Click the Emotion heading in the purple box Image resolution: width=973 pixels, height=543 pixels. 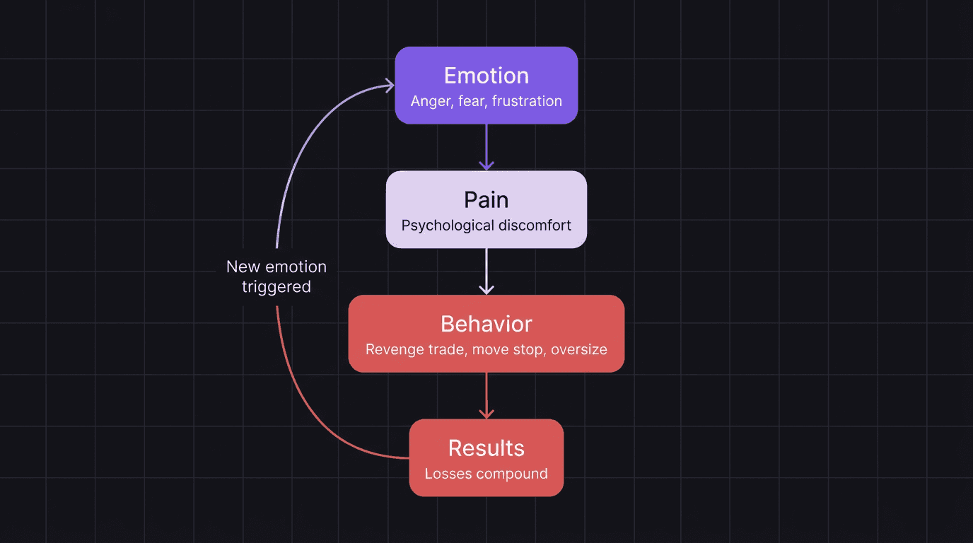(486, 76)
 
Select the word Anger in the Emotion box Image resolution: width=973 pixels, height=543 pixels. (430, 101)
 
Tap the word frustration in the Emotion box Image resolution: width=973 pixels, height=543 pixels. (527, 101)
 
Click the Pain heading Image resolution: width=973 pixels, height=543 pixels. (486, 200)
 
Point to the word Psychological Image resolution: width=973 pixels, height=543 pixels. (448, 226)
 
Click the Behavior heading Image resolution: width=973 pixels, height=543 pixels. (486, 324)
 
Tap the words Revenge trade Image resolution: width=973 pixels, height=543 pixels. (415, 350)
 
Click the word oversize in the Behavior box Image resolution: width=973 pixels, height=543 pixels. (579, 350)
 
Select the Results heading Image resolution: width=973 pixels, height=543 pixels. (486, 448)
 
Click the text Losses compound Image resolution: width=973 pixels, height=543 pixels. (486, 474)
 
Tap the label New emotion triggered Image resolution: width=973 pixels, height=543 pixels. (276, 276)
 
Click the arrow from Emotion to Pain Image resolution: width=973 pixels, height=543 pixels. (486, 148)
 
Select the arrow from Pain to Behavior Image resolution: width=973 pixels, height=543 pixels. (486, 271)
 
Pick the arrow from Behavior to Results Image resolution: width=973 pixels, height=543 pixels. (486, 396)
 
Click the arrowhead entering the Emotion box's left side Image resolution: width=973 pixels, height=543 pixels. (388, 86)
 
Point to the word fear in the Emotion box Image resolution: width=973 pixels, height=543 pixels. (471, 101)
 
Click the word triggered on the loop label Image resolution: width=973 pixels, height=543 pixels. (276, 287)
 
